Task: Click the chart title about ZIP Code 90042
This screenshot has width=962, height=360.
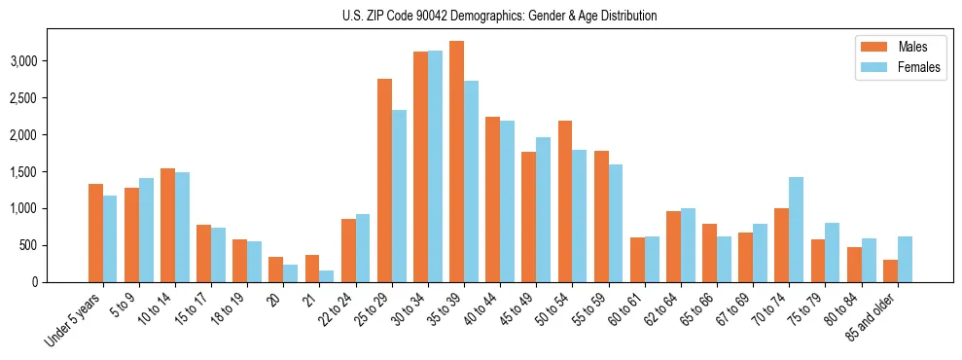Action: (x=500, y=16)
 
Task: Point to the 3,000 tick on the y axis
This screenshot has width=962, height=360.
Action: (x=21, y=60)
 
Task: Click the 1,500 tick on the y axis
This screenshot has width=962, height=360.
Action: (x=21, y=171)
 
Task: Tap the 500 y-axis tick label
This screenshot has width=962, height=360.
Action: (x=26, y=245)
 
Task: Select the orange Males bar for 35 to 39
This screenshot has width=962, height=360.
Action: (x=456, y=162)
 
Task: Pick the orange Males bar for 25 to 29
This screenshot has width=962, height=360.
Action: (x=384, y=180)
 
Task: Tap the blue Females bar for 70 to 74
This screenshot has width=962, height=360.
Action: (x=796, y=230)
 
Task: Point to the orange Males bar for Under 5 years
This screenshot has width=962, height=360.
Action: (x=95, y=233)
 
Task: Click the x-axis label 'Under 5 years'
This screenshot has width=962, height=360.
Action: (x=74, y=320)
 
